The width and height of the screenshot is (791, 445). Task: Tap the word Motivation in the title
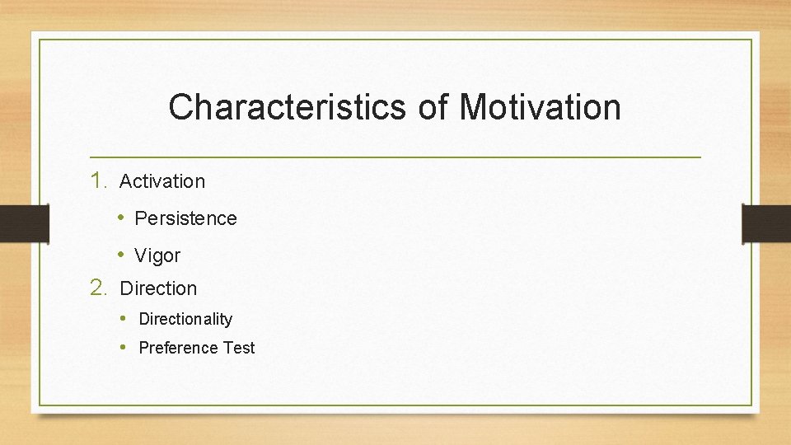click(x=540, y=107)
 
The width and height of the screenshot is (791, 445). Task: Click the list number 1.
click(x=99, y=180)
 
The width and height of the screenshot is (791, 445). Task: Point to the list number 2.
click(x=99, y=288)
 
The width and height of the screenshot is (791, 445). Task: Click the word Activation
click(x=162, y=181)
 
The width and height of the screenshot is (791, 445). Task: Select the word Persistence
click(x=185, y=218)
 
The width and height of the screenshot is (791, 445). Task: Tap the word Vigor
click(x=157, y=256)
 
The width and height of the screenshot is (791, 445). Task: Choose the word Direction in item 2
click(x=158, y=288)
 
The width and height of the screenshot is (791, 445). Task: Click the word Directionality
click(x=185, y=319)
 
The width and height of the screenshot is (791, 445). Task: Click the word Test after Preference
click(x=239, y=348)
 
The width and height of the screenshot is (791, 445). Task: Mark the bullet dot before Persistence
click(x=120, y=218)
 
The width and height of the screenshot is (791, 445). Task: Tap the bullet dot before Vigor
click(x=120, y=255)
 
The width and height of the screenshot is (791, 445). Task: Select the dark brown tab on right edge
click(x=766, y=223)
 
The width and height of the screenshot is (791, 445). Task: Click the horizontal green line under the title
click(x=395, y=157)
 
